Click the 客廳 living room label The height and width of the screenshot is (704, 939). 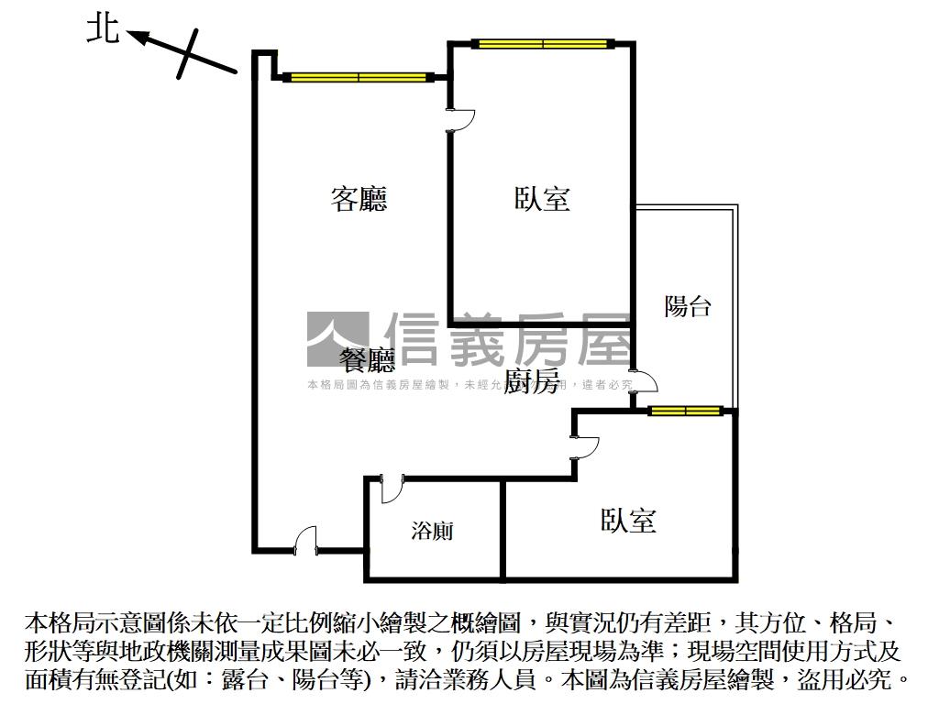pyautogui.click(x=359, y=198)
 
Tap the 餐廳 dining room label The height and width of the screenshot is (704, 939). pyautogui.click(x=367, y=358)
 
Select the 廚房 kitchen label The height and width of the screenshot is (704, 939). pyautogui.click(x=533, y=382)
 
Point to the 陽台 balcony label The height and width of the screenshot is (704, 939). pyautogui.click(x=688, y=305)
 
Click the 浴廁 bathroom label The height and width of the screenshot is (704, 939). pyautogui.click(x=432, y=531)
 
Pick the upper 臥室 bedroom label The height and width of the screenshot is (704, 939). pyautogui.click(x=542, y=198)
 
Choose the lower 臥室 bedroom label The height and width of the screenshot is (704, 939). pyautogui.click(x=628, y=521)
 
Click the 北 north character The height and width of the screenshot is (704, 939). pyautogui.click(x=103, y=28)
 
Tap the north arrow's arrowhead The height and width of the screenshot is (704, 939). pyautogui.click(x=135, y=36)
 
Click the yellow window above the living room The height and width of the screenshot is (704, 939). pyautogui.click(x=359, y=77)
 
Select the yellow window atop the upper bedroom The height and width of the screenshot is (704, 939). pyautogui.click(x=542, y=43)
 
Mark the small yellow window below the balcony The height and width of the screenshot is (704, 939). pyautogui.click(x=682, y=410)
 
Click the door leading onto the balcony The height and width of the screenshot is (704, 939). pyautogui.click(x=644, y=382)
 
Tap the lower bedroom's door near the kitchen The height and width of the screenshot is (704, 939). pyautogui.click(x=584, y=446)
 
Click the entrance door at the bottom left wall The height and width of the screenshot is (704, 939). pyautogui.click(x=305, y=541)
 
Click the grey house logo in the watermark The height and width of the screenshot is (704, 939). pyautogui.click(x=337, y=339)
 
